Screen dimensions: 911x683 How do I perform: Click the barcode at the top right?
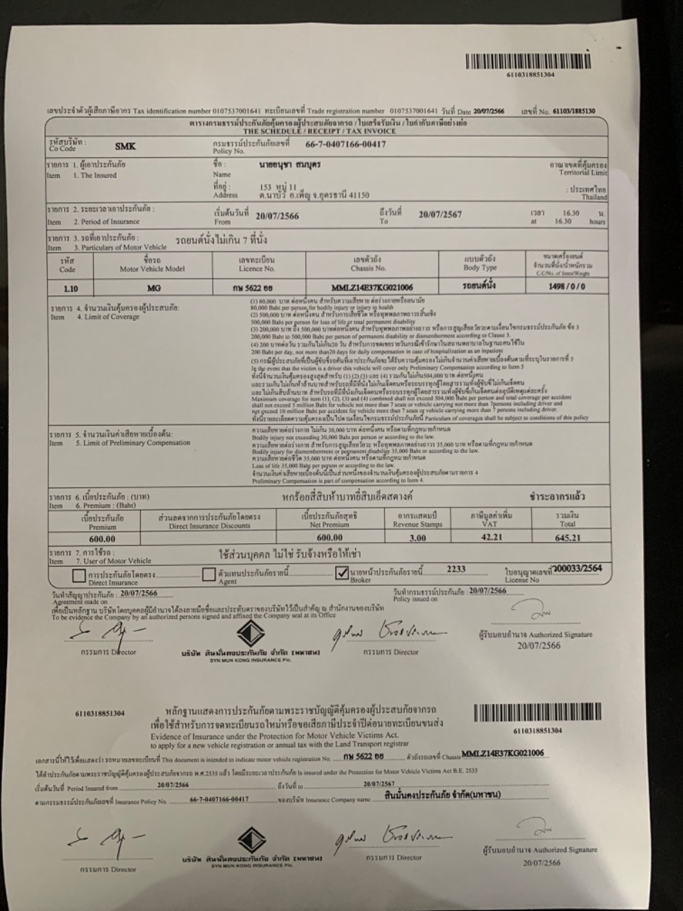tap(528, 61)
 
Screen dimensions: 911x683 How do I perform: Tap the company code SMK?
tap(125, 146)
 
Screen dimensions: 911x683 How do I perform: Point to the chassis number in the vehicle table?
tap(372, 287)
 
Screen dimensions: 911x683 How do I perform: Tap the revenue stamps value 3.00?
tap(418, 538)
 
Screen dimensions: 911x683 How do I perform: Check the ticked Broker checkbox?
tap(341, 573)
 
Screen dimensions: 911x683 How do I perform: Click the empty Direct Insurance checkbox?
tap(79, 575)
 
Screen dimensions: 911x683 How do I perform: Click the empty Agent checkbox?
tap(208, 574)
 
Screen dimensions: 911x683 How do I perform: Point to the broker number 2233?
tap(456, 569)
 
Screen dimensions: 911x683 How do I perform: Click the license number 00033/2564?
tap(579, 569)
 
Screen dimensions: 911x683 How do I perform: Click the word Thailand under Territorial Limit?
tap(594, 197)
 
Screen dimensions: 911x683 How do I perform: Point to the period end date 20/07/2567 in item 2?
tap(440, 214)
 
